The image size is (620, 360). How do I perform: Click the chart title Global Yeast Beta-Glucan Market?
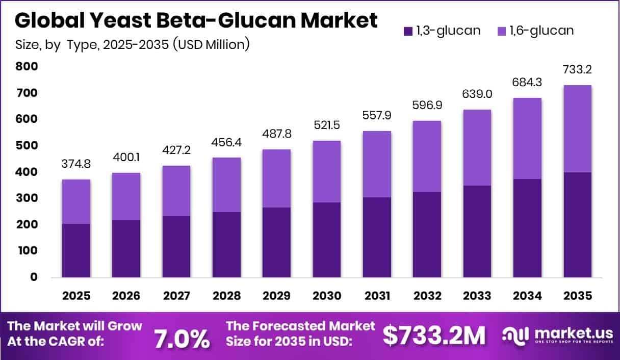[196, 20]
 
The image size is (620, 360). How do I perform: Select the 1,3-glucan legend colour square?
[408, 31]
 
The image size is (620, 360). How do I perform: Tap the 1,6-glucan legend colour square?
[502, 31]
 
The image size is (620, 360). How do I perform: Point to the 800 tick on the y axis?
[27, 66]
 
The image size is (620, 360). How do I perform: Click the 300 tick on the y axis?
[27, 198]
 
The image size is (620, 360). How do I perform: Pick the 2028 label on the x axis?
[226, 296]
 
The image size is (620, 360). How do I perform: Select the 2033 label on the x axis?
[477, 296]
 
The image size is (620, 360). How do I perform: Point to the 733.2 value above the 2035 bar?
[578, 69]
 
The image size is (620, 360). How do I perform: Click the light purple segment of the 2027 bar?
[176, 191]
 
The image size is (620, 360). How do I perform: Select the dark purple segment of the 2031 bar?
[377, 237]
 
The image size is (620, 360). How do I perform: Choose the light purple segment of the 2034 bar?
[528, 138]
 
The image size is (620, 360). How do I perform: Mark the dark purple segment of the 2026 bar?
[126, 249]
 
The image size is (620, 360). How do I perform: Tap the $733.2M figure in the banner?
[434, 336]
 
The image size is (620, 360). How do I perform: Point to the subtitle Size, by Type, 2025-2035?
[133, 44]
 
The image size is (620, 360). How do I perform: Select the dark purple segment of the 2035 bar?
[578, 225]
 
